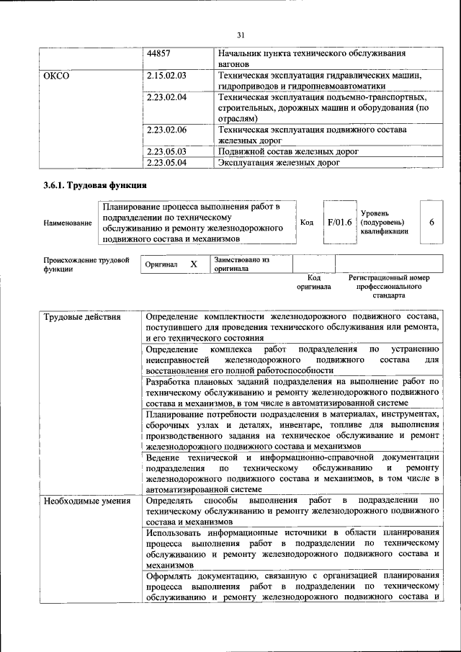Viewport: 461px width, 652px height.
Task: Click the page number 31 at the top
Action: point(241,34)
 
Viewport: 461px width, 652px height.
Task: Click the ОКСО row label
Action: point(56,76)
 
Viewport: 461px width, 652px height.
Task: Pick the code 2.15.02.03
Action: point(166,76)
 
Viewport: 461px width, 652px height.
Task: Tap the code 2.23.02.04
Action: point(166,97)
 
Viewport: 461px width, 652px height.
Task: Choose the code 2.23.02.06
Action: point(166,130)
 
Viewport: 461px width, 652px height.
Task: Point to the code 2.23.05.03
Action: point(166,151)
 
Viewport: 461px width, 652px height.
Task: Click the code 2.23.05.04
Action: point(166,163)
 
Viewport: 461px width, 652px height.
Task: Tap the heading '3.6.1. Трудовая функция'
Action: point(90,185)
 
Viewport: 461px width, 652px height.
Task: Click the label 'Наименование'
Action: point(68,223)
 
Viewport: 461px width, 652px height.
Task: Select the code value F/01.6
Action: point(339,223)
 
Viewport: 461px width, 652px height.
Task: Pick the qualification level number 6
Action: point(431,223)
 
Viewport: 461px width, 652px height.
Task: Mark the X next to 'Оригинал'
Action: point(193,264)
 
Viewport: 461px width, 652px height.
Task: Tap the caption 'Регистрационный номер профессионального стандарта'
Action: point(388,286)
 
